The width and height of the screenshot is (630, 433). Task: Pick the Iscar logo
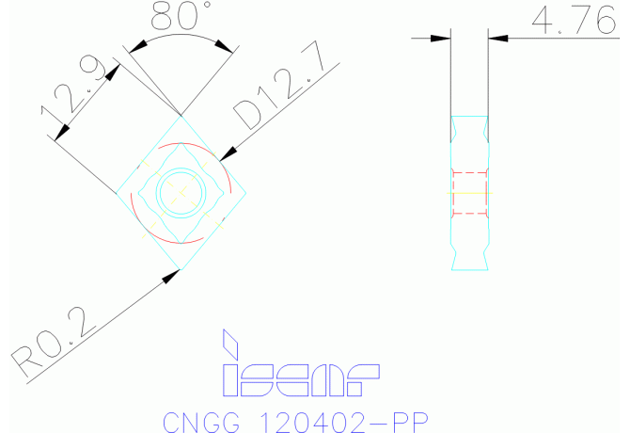coord(299,364)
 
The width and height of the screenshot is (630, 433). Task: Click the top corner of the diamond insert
coord(181,117)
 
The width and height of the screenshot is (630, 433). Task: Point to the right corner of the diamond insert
coord(247,194)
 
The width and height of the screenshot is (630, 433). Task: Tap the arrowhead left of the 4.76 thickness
coord(443,39)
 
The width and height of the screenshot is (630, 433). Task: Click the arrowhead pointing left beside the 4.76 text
coord(498,39)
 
